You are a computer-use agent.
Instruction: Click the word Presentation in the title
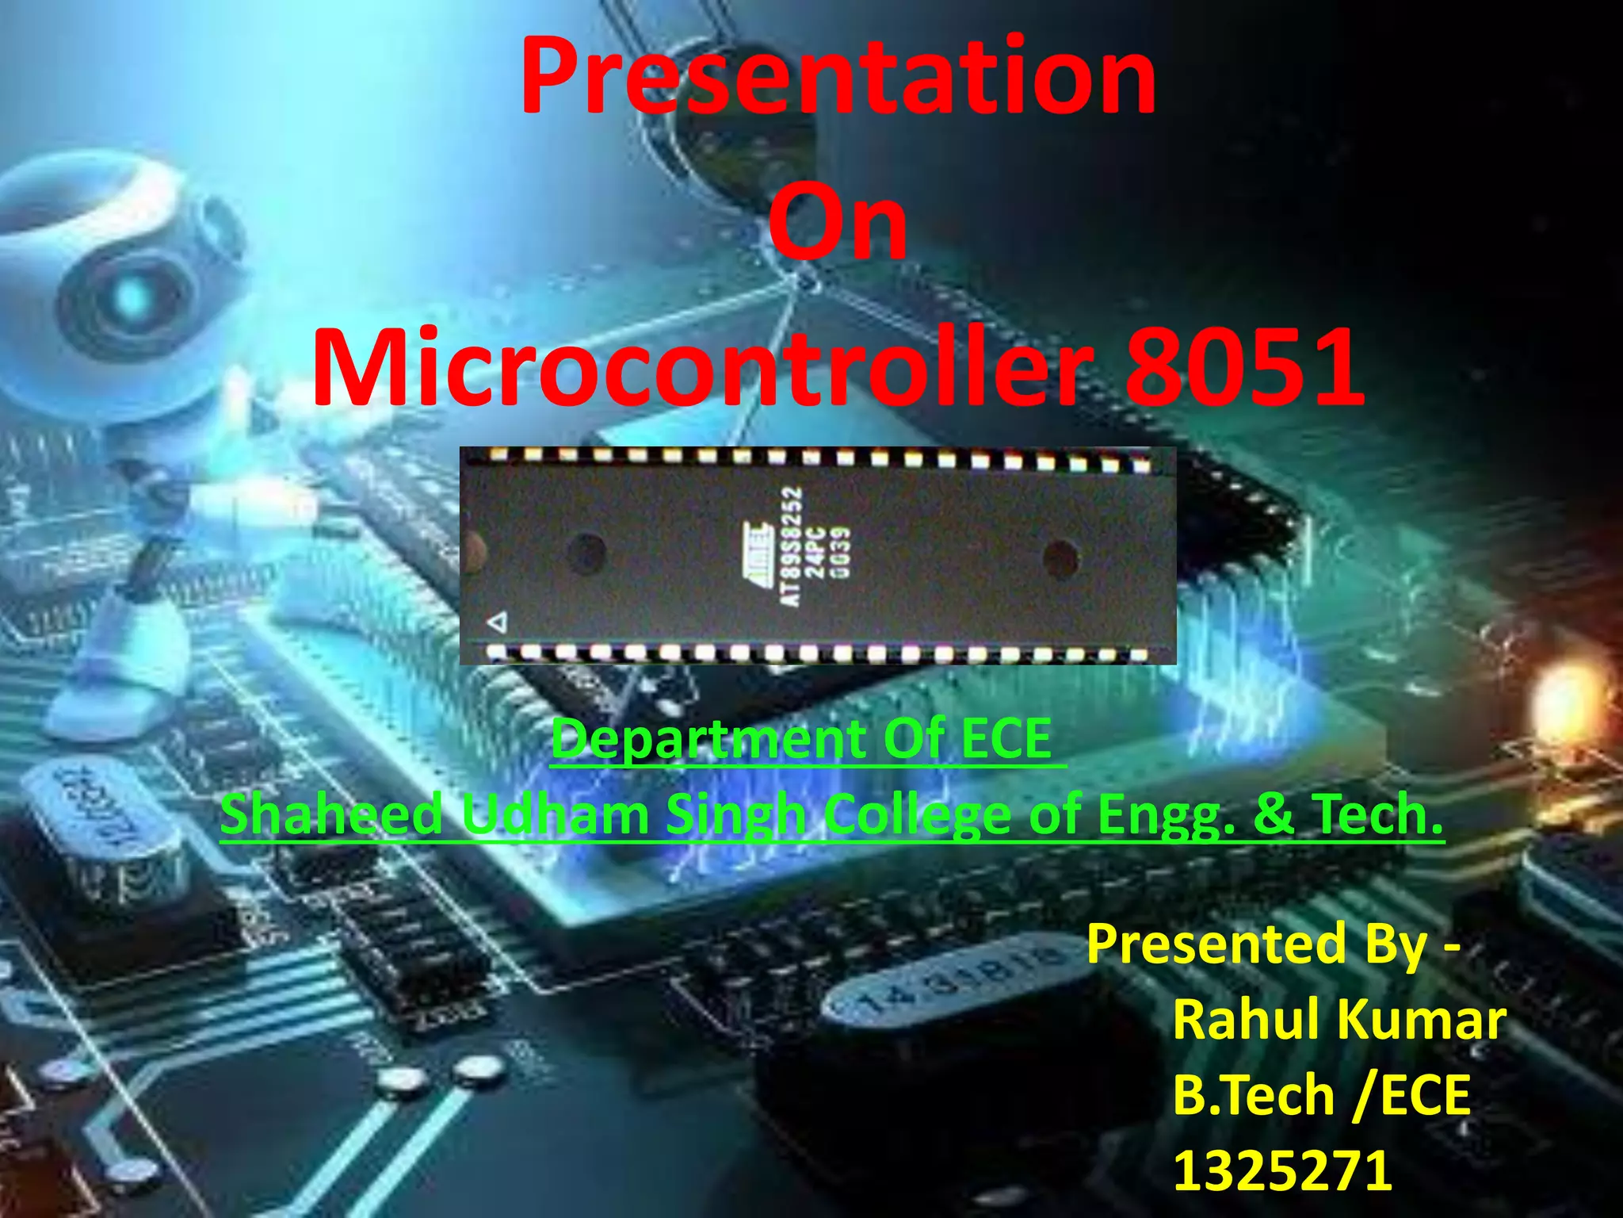[x=838, y=78]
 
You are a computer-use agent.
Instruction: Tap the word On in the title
[x=838, y=224]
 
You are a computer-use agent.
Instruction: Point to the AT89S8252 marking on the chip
[x=791, y=547]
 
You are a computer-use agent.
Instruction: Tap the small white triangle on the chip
[x=498, y=622]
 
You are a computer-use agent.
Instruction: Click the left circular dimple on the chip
[x=587, y=550]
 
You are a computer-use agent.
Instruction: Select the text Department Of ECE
[x=802, y=739]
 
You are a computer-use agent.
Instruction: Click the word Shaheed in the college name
[x=331, y=815]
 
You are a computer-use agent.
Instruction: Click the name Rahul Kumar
[x=1338, y=1019]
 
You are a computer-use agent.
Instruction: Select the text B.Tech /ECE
[x=1321, y=1095]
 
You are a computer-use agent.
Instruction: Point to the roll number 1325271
[x=1282, y=1170]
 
